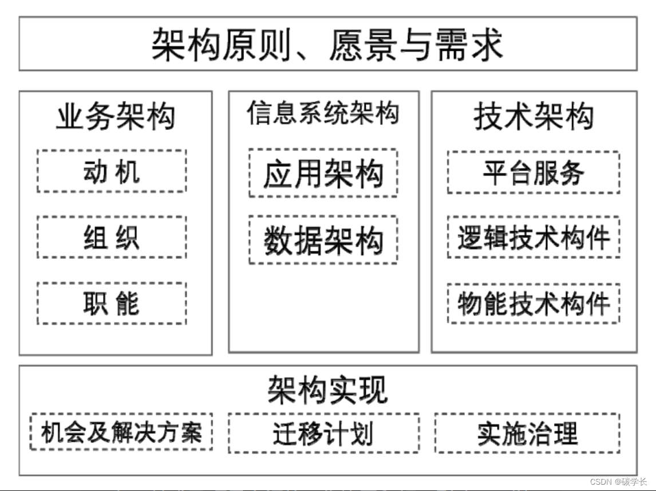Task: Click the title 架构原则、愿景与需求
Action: pos(327,45)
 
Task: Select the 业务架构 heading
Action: pos(115,118)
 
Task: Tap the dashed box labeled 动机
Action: pos(112,171)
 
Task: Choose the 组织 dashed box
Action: pos(112,237)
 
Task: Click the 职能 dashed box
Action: pos(112,303)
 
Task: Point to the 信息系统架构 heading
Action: pos(323,113)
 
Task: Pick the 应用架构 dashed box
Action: pos(323,173)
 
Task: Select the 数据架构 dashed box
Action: pos(323,240)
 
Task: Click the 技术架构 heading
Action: pos(534,118)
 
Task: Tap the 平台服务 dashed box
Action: pos(534,172)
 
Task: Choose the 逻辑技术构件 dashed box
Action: pos(534,237)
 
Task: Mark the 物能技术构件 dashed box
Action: pos(534,303)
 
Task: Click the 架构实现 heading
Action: pos(327,390)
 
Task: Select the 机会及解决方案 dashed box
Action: pos(121,432)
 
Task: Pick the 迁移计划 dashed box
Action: pos(323,434)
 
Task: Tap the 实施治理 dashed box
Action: pos(527,434)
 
